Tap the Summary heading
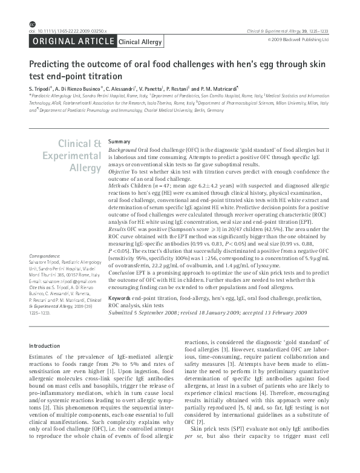coord(119,141)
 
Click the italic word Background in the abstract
coord(122,149)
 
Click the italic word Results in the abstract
coord(118,230)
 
